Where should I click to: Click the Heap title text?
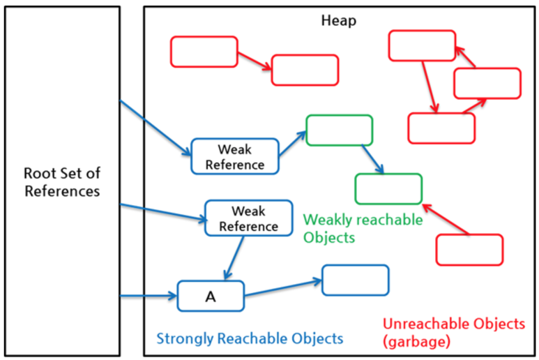point(339,21)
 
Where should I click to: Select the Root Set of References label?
point(62,182)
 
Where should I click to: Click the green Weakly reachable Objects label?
point(363,228)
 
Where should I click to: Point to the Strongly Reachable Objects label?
point(250,338)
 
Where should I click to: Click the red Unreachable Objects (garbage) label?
point(454,333)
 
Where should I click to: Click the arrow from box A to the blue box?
point(283,288)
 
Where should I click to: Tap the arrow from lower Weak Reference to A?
point(234,258)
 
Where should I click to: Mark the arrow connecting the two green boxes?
point(372,159)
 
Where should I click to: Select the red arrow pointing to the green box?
point(446,219)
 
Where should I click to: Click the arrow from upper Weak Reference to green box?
point(292,144)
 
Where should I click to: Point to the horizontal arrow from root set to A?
point(149,296)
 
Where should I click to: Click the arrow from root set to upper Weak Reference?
point(155,128)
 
